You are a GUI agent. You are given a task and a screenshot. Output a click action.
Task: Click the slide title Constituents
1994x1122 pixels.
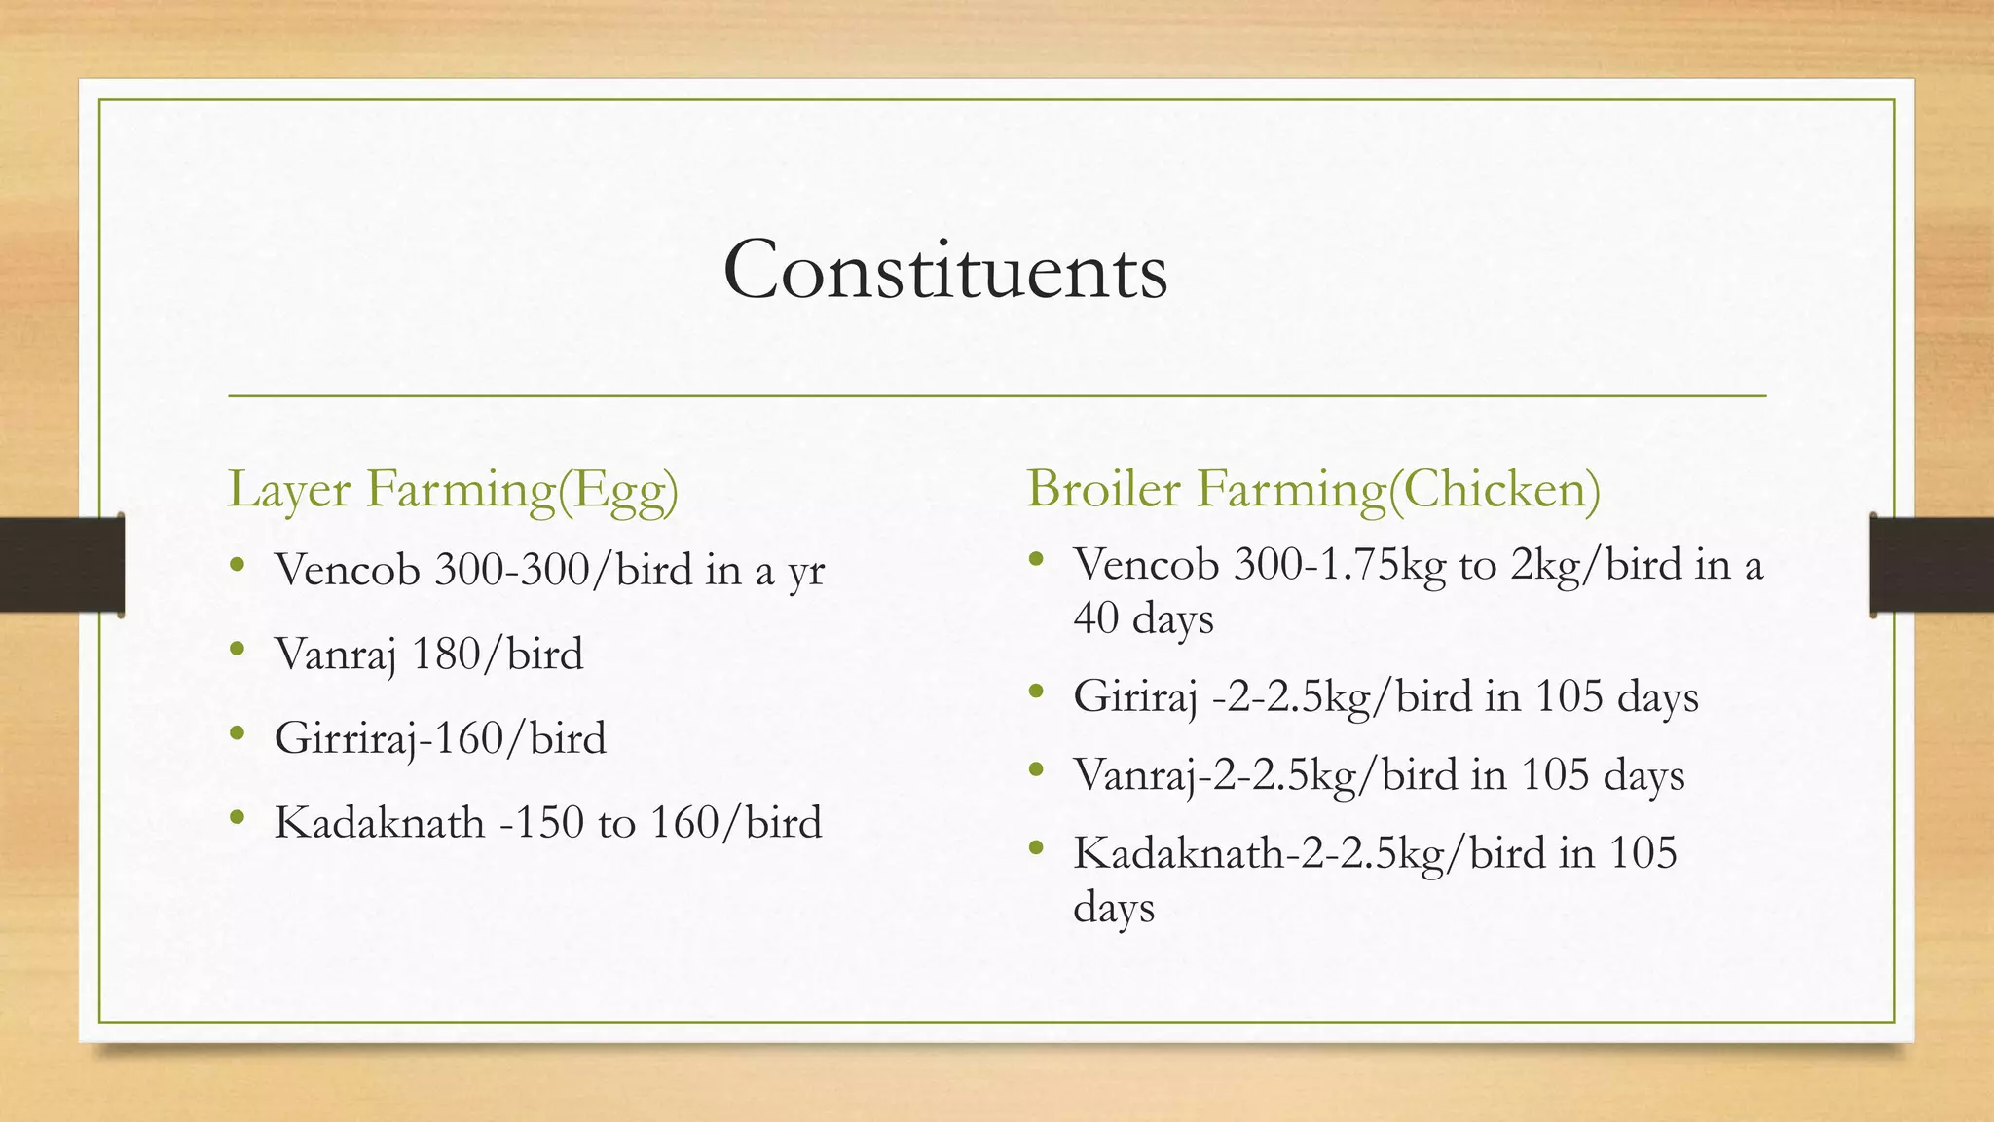click(944, 270)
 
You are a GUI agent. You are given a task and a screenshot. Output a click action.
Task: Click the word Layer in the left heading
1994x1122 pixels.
click(288, 489)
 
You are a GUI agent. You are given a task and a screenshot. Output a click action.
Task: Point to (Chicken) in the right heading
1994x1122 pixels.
click(1495, 489)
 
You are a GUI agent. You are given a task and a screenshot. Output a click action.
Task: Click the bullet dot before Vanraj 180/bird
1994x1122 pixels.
click(238, 649)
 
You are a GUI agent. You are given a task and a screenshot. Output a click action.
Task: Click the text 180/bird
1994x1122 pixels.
click(498, 654)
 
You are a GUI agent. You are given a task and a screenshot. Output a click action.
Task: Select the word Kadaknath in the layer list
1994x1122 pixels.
click(379, 823)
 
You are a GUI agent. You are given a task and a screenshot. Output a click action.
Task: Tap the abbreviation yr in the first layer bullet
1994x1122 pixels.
click(805, 572)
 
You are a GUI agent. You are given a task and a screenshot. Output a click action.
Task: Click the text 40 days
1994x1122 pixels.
click(1143, 619)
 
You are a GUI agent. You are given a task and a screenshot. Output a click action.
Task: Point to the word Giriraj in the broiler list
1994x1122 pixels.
click(1135, 697)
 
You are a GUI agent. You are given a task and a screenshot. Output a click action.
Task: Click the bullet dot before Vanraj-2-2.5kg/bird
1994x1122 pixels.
click(1036, 770)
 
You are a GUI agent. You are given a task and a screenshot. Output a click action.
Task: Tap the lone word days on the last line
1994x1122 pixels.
click(1114, 909)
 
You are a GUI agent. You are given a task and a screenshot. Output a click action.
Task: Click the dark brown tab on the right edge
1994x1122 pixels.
click(1932, 565)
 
